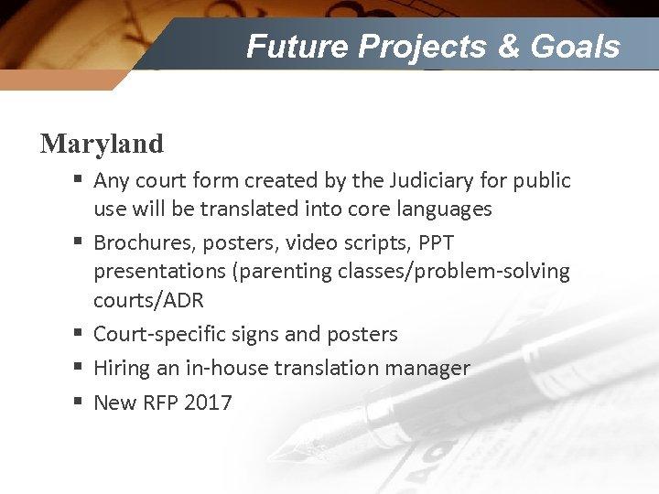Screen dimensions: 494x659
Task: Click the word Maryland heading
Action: point(102,144)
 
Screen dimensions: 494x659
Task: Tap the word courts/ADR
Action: point(148,300)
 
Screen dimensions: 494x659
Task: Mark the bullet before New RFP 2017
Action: point(78,402)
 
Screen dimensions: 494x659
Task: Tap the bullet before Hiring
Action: point(78,367)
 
